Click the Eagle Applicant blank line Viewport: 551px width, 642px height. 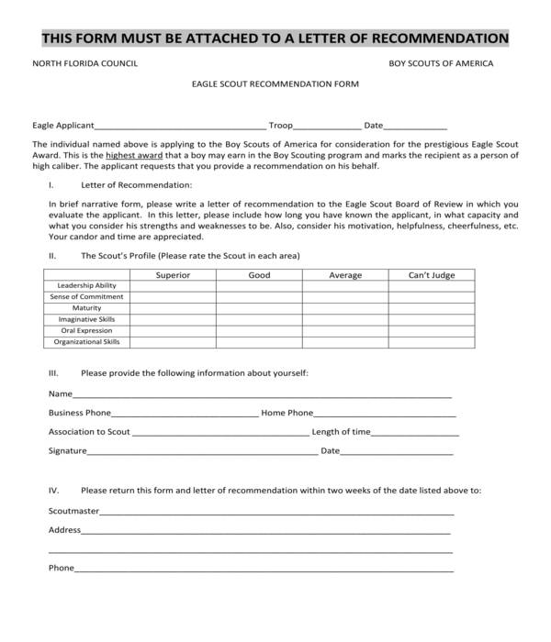point(180,126)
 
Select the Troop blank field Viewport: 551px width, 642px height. point(328,126)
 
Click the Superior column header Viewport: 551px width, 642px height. point(173,275)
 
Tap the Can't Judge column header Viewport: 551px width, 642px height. point(431,275)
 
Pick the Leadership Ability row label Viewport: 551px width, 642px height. point(87,286)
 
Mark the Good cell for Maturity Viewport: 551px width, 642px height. point(259,308)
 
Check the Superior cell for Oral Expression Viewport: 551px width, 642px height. point(173,330)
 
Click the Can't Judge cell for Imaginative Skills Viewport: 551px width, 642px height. point(431,319)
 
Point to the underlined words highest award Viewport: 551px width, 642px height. point(131,156)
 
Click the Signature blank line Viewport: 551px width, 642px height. point(202,452)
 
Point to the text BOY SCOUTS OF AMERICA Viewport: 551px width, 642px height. point(441,64)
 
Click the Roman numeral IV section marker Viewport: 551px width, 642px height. point(53,491)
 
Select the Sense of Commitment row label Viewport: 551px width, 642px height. point(87,297)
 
